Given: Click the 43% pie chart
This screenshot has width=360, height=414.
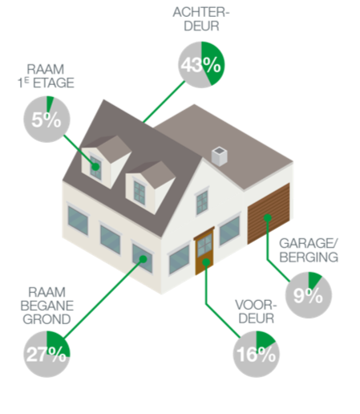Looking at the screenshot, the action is tap(201, 65).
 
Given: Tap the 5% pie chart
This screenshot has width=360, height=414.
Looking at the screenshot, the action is tap(47, 119).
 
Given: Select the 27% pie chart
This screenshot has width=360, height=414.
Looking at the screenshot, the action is tap(47, 354).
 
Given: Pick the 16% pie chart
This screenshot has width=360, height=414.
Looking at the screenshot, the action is tap(257, 354).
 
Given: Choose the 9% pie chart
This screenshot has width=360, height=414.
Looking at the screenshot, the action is tap(309, 295).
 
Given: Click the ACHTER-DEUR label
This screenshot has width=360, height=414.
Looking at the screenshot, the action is tap(201, 19).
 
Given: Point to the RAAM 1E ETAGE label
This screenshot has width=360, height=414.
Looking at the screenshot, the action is tap(46, 76).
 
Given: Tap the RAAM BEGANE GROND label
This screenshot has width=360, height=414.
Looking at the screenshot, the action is tap(47, 306).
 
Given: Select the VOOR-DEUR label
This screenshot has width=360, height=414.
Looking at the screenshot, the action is tap(256, 311).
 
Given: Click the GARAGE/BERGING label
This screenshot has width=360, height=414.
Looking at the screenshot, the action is tap(309, 250).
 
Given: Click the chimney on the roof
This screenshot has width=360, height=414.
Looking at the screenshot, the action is tap(220, 156).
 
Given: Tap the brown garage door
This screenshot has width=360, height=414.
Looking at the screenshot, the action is tap(269, 213).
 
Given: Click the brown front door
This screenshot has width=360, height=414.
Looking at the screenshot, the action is tap(204, 251).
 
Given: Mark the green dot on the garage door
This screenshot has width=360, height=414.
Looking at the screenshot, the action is tap(268, 218).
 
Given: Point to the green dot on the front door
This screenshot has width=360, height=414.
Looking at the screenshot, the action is tap(206, 262).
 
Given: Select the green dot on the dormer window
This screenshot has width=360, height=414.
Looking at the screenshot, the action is tap(95, 167).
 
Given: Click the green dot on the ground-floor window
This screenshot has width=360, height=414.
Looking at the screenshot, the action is tap(144, 259).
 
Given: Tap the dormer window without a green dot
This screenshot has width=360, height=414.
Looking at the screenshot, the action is tap(140, 192).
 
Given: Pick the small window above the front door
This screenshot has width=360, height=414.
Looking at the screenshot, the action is tap(202, 201).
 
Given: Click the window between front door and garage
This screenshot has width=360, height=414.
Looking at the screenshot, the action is tap(229, 230).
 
